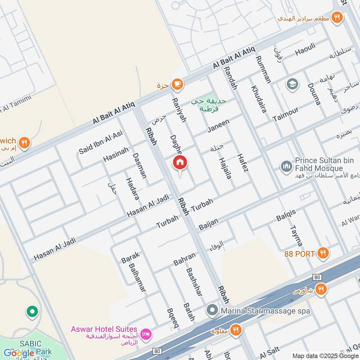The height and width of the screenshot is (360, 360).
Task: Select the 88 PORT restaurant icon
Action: point(322,253)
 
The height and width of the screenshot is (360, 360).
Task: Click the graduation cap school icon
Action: point(292,84)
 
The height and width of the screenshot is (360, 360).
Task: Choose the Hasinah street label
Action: point(116,154)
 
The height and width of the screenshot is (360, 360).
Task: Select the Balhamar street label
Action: point(137,278)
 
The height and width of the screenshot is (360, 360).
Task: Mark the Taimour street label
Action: point(285,114)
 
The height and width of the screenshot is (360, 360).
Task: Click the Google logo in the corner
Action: point(19,353)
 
